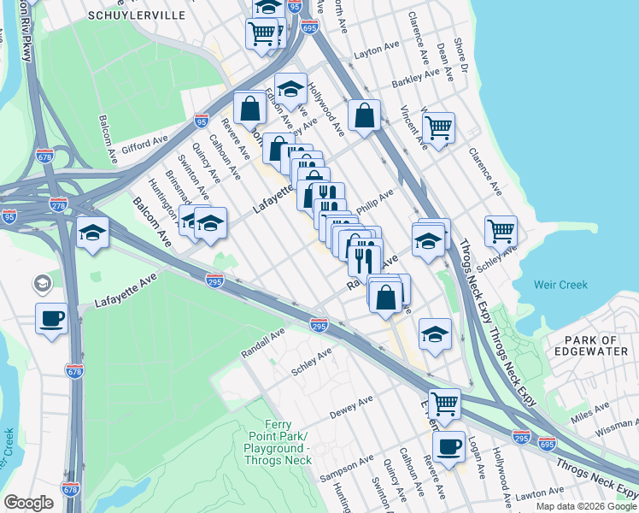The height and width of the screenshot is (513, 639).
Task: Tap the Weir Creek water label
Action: coord(560,284)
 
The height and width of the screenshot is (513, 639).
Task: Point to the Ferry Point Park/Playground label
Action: coord(279,443)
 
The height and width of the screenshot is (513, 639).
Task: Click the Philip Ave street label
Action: coord(374,203)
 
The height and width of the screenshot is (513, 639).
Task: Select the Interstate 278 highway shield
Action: coord(58,205)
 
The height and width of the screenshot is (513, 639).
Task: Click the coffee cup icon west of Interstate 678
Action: coord(52,318)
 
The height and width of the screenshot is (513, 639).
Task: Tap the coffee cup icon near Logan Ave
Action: coord(448,445)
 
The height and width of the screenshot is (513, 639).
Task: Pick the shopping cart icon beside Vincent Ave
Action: coord(438,128)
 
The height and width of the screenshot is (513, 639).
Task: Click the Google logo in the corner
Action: coord(28,503)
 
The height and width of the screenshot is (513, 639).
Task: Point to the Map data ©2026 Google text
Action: coord(586,506)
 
